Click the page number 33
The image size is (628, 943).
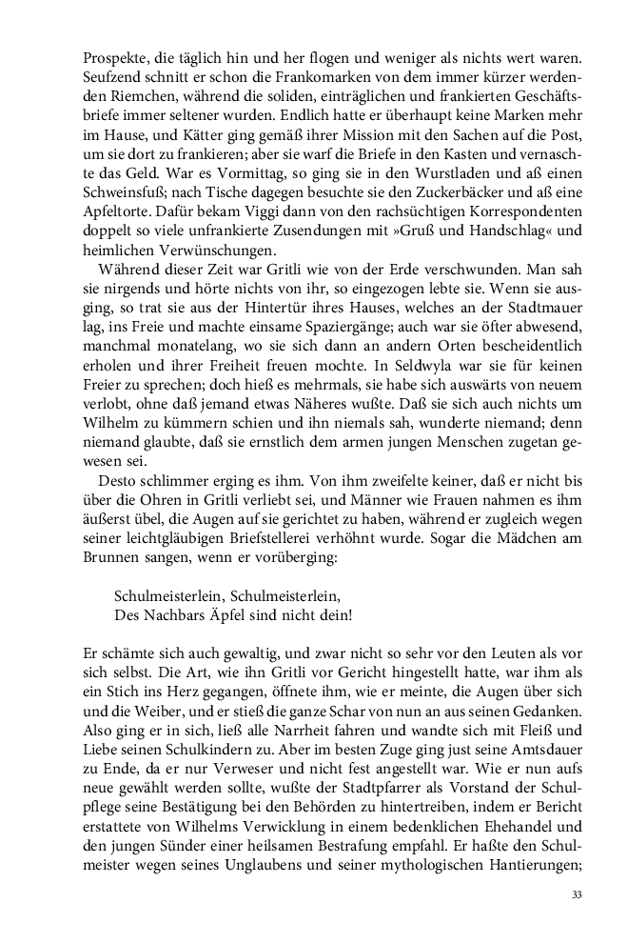pos(577,895)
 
